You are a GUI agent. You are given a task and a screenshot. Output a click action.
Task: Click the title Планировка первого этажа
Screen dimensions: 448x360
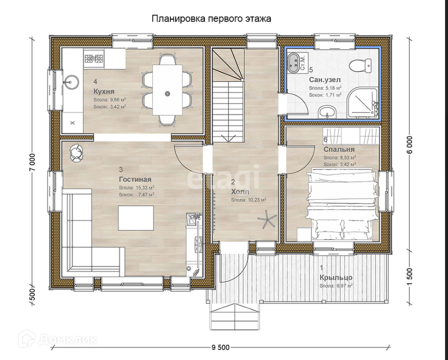click(x=211, y=19)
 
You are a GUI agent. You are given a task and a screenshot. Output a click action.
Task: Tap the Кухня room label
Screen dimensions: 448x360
click(x=104, y=92)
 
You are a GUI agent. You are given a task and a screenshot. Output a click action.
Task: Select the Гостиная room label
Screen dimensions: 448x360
click(x=135, y=180)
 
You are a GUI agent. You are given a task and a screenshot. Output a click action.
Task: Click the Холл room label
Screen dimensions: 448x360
click(x=240, y=191)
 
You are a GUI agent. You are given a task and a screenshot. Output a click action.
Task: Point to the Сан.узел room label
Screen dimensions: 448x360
click(x=325, y=79)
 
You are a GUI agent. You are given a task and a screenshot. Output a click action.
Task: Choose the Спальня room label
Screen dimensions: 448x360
click(x=339, y=149)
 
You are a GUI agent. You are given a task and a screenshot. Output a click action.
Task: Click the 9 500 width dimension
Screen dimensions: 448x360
click(x=220, y=348)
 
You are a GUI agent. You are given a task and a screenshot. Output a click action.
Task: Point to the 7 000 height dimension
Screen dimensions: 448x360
click(x=33, y=163)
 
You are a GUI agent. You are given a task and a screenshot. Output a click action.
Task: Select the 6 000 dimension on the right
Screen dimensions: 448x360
click(x=410, y=145)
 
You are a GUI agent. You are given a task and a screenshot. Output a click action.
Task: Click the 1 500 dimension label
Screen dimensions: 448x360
click(x=410, y=277)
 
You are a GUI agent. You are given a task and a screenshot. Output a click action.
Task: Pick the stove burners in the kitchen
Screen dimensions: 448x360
click(x=93, y=59)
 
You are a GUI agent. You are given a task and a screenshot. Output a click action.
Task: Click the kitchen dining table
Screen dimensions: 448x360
click(x=168, y=90)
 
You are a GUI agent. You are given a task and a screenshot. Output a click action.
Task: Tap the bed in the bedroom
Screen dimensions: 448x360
click(x=342, y=203)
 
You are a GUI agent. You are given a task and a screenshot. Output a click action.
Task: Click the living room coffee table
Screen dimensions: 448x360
click(x=136, y=217)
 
